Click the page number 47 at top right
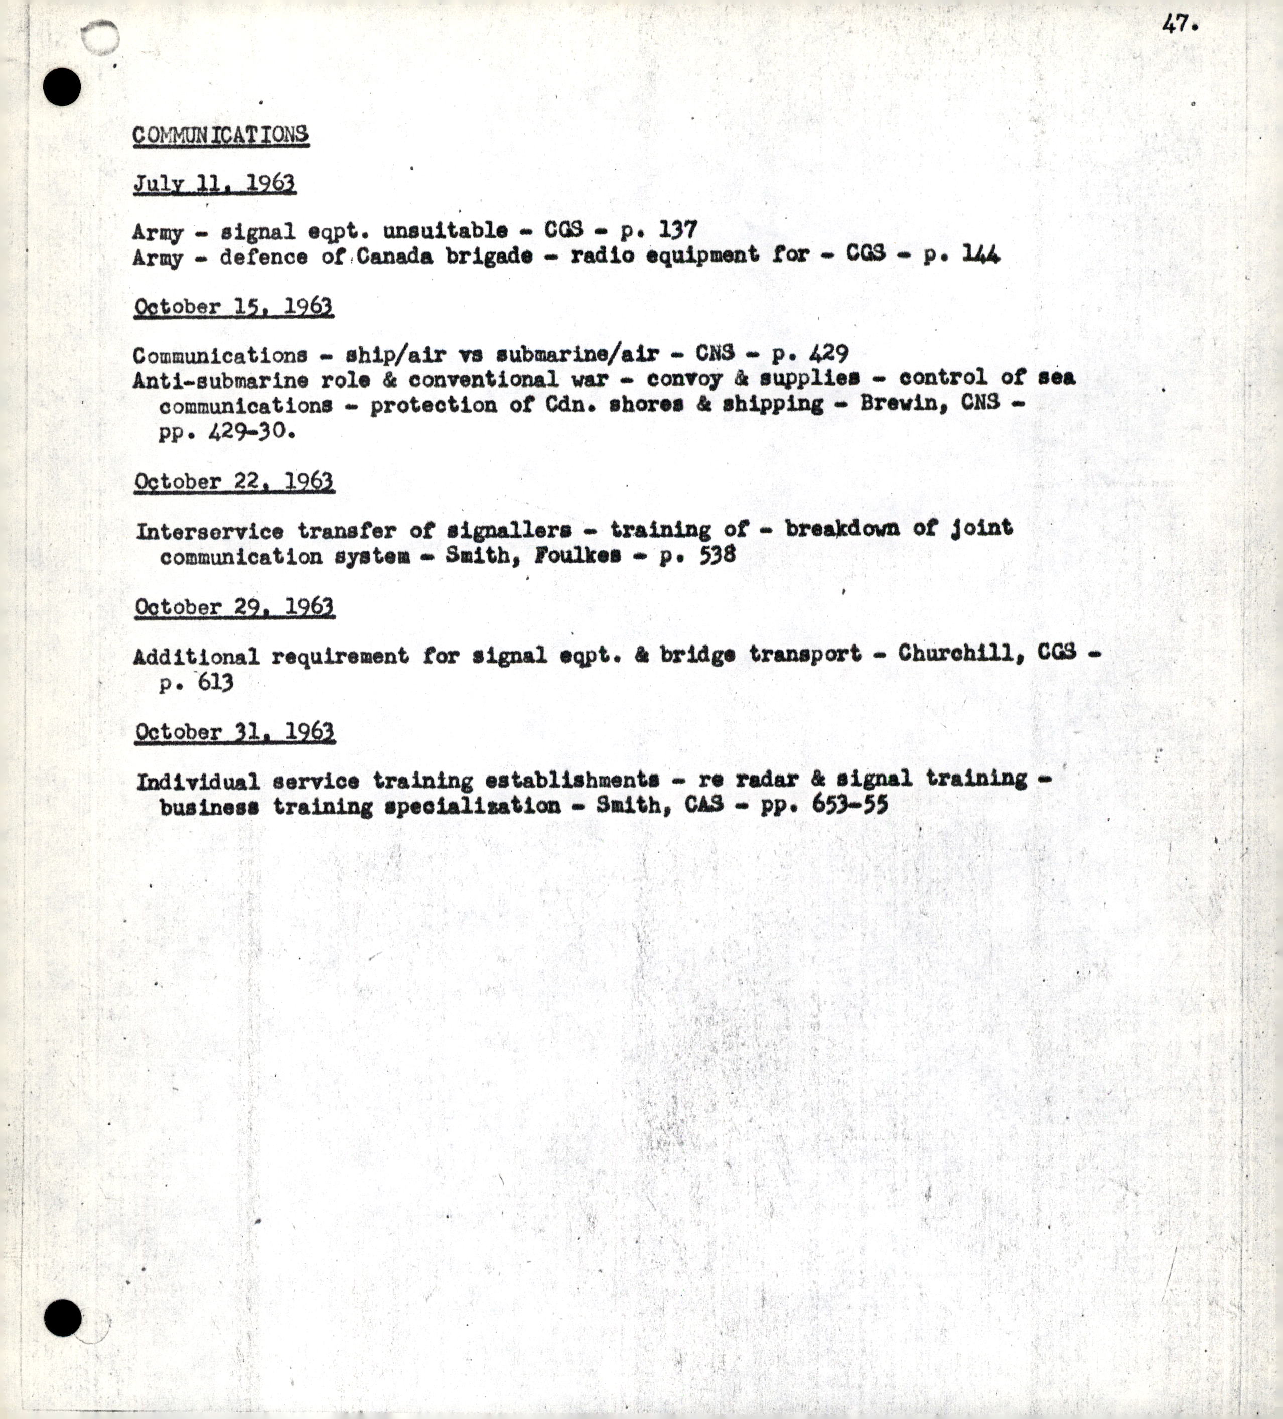point(1179,24)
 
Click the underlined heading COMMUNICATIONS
point(220,134)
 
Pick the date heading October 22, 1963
point(234,482)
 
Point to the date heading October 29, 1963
point(234,607)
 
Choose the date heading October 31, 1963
point(234,732)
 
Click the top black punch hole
point(62,87)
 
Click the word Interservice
point(210,531)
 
